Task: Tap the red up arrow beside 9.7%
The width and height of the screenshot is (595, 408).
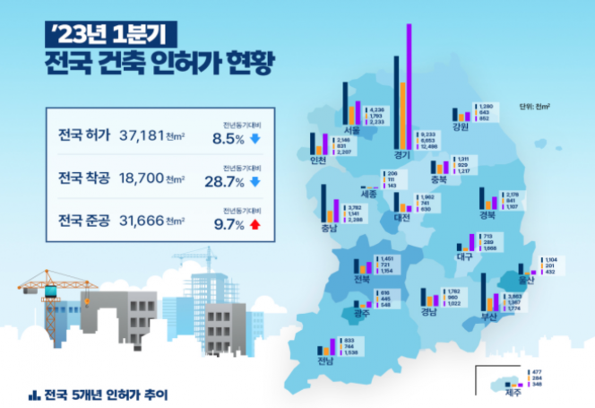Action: [x=255, y=224]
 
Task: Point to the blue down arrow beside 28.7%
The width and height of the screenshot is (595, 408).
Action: [x=255, y=182]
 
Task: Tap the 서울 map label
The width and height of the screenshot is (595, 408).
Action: [x=350, y=129]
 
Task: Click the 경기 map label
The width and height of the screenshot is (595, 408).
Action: [x=402, y=154]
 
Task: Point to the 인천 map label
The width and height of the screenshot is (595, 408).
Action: [x=317, y=161]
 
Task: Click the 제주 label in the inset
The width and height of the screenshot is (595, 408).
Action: [x=513, y=391]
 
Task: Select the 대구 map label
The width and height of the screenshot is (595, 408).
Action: [x=464, y=256]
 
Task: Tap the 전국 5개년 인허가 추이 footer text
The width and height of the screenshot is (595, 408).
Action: [x=103, y=393]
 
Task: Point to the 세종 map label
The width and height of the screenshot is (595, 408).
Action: [x=368, y=193]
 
